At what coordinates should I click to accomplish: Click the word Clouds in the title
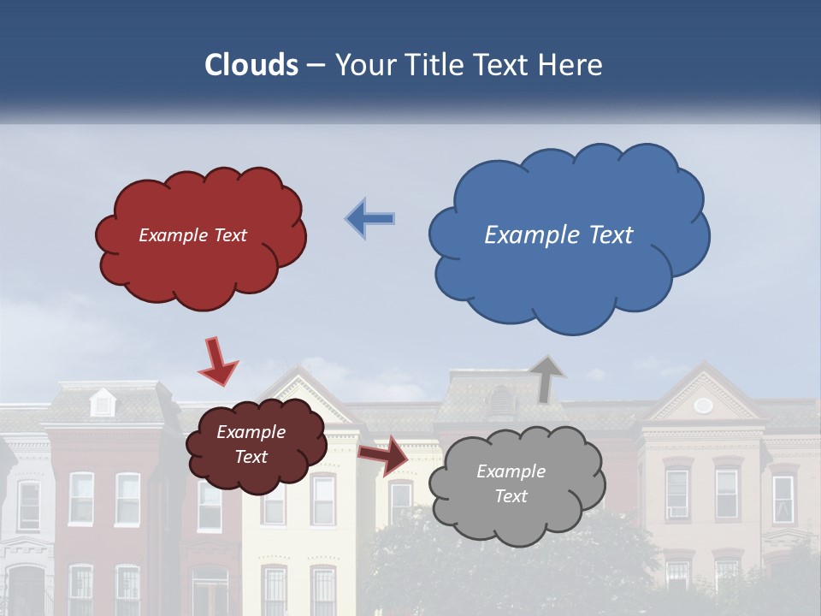coord(251,65)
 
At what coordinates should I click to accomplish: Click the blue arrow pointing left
coord(370,218)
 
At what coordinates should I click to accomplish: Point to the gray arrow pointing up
coord(546,379)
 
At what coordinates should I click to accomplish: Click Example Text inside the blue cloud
coord(558,235)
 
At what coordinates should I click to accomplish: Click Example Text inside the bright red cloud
coord(192,235)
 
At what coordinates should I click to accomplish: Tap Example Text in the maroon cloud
coord(251,444)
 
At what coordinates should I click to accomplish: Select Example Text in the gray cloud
coord(511,483)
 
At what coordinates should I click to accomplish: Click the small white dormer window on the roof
coord(103,402)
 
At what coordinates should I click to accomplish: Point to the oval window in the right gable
coord(703,405)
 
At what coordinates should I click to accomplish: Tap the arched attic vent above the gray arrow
coord(501,400)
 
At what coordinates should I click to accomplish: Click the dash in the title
coord(316,65)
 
